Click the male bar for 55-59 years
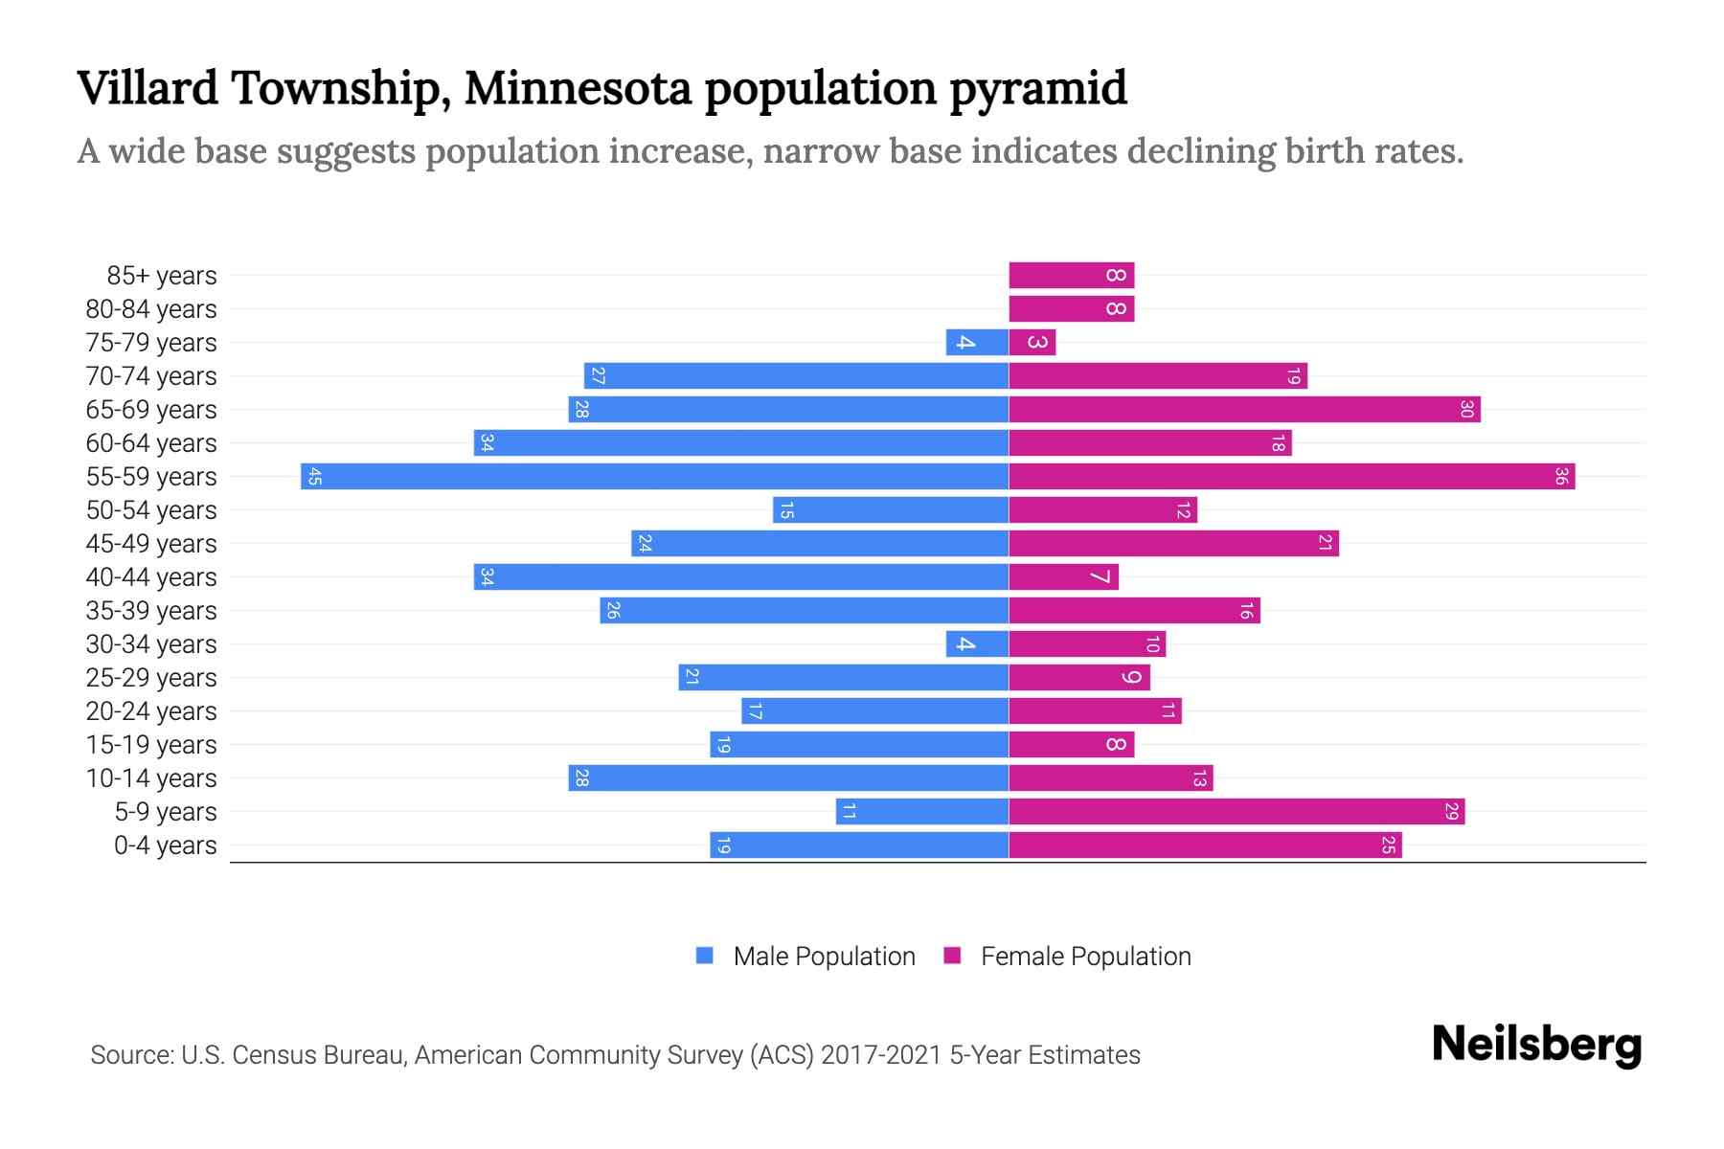click(x=654, y=477)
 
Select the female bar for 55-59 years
click(x=1291, y=477)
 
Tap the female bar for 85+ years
click(x=1071, y=276)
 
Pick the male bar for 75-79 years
click(x=977, y=343)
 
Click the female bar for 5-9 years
click(x=1236, y=812)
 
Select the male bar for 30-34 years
click(x=977, y=644)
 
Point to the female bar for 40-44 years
click(x=1063, y=577)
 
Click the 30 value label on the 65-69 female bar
click(x=1466, y=410)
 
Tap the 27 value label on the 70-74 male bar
click(x=598, y=376)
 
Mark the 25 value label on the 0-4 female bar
click(x=1388, y=845)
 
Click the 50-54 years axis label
click(x=151, y=510)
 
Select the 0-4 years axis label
click(x=165, y=845)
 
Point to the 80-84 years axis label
click(x=151, y=309)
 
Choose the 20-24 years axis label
click(x=151, y=711)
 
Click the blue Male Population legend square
click(x=705, y=956)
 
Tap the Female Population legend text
click(x=1085, y=957)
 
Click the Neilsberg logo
click(x=1536, y=1045)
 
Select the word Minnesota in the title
click(x=578, y=88)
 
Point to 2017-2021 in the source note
click(x=881, y=1055)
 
